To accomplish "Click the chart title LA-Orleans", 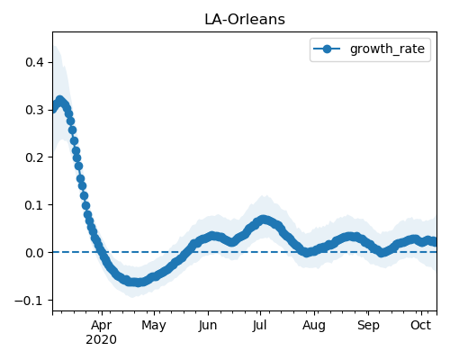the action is [x=245, y=20].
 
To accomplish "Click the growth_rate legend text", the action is [x=387, y=49].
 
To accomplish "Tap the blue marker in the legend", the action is [x=327, y=49].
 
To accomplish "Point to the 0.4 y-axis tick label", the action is [x=35, y=62].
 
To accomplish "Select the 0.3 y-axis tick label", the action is [x=35, y=110].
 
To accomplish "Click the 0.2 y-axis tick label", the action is [x=35, y=157].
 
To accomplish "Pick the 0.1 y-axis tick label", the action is [x=35, y=205].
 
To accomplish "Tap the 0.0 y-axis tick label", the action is [x=35, y=253].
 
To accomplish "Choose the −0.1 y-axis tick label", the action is [x=30, y=301].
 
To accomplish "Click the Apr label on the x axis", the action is [x=102, y=326].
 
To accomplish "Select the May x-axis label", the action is [x=154, y=326].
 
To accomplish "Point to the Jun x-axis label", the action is [x=208, y=326].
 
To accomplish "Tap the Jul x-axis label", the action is [x=260, y=326].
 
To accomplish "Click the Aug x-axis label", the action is [x=314, y=326].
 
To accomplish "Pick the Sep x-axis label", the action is [x=368, y=326].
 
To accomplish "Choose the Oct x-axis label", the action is [x=421, y=325].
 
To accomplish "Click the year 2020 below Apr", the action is [x=101, y=340].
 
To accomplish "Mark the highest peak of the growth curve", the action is [x=60, y=100].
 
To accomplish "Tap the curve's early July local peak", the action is [x=263, y=220].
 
